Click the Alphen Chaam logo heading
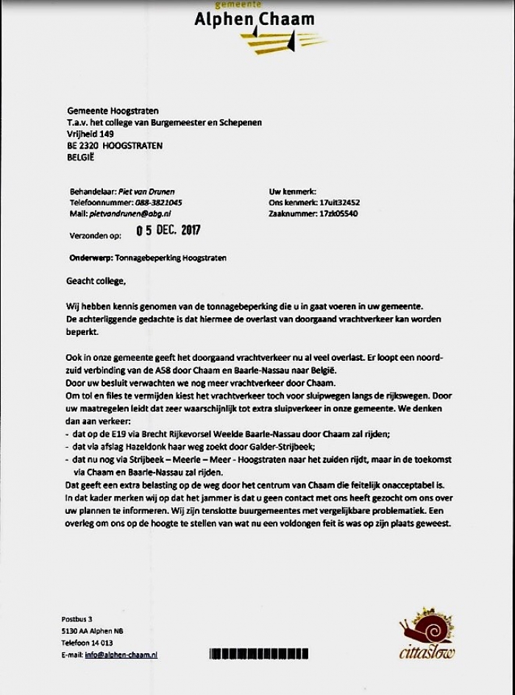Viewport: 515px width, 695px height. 254,20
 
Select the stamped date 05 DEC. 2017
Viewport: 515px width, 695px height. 168,230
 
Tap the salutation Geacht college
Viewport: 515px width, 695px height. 96,281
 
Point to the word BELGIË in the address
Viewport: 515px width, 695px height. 81,157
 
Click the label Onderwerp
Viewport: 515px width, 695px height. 90,258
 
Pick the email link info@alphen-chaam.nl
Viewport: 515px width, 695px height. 121,655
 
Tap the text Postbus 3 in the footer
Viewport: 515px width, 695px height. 77,618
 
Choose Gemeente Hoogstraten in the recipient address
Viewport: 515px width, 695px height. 113,110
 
